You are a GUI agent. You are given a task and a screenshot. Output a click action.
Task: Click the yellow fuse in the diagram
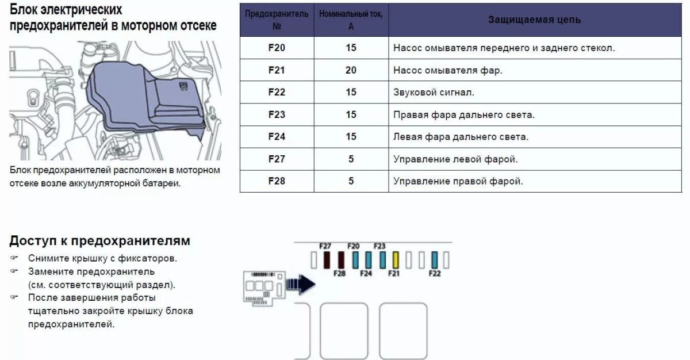(396, 260)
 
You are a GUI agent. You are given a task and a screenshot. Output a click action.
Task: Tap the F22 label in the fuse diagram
(435, 274)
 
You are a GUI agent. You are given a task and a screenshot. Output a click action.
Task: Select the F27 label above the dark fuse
(325, 246)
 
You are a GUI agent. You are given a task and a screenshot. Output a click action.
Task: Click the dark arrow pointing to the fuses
(301, 283)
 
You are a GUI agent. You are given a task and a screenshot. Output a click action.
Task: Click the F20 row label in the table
(277, 48)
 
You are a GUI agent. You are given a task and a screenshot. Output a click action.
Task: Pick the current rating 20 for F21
(351, 70)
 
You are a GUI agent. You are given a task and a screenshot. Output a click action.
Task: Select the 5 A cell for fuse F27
(351, 159)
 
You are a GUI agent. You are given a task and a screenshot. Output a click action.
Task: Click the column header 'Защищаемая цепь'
(534, 20)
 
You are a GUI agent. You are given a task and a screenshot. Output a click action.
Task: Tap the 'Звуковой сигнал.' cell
(434, 92)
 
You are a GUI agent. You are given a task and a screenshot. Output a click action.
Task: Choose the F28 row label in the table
(277, 181)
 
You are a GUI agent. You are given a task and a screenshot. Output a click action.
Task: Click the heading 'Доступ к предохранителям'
(99, 240)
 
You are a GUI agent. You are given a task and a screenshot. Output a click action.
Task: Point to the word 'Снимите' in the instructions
(45, 258)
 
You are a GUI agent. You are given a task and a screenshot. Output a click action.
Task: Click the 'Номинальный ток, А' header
(351, 20)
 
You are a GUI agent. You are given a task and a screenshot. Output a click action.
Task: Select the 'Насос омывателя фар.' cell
(448, 70)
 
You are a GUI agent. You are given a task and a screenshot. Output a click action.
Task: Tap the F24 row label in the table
(277, 137)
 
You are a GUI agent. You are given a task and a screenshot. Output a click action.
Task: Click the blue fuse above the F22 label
(435, 260)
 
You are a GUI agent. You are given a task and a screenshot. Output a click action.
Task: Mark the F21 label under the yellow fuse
(393, 274)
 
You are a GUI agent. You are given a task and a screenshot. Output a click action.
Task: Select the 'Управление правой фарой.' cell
(458, 181)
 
